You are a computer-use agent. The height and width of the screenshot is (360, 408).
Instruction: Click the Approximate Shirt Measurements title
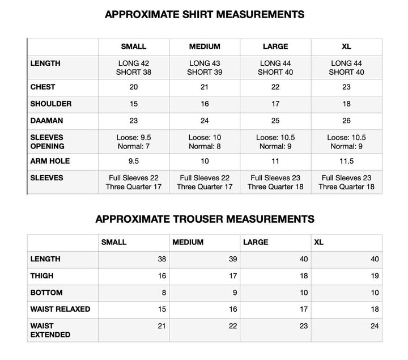(x=204, y=15)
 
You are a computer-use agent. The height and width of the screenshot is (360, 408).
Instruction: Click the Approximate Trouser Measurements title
(x=204, y=219)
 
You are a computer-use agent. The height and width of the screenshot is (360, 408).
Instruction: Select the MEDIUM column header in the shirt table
(x=205, y=46)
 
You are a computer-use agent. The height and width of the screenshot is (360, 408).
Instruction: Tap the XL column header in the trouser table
(x=319, y=242)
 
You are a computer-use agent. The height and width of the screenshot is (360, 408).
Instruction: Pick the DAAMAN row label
(x=46, y=120)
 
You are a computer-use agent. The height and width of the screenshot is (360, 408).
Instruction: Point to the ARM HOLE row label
(x=50, y=161)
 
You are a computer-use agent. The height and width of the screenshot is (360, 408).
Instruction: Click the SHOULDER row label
(x=51, y=104)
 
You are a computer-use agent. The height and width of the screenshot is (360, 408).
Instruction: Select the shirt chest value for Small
(x=134, y=87)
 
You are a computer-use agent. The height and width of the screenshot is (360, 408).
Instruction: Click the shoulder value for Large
(x=275, y=104)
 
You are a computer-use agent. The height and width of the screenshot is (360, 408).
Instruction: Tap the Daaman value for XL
(x=346, y=120)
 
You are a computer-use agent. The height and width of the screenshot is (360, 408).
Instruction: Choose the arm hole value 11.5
(x=346, y=161)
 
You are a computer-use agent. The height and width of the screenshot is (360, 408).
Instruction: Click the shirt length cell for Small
(x=134, y=67)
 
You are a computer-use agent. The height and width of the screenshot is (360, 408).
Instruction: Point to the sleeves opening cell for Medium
(x=205, y=142)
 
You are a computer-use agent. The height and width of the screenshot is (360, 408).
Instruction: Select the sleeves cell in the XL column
(x=346, y=182)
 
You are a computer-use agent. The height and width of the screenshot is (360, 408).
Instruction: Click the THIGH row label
(x=42, y=276)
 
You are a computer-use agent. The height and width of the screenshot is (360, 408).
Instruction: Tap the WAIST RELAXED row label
(x=60, y=310)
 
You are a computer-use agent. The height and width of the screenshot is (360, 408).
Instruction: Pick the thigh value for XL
(x=375, y=276)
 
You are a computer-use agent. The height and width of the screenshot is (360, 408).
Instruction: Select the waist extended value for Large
(x=304, y=326)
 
